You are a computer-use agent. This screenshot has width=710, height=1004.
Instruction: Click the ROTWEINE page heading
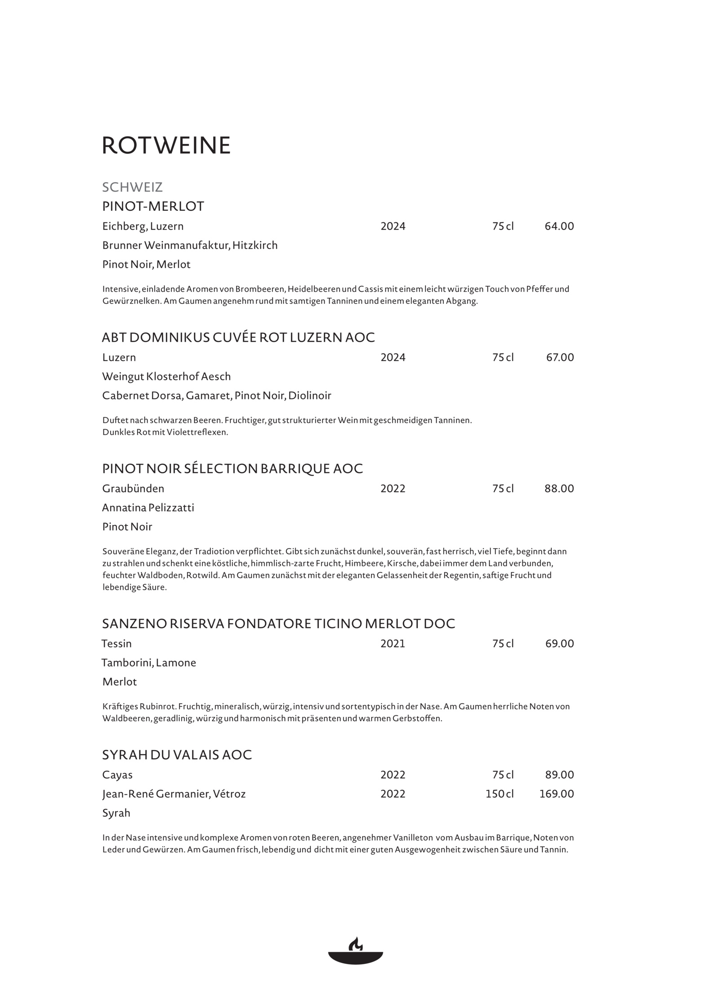166,145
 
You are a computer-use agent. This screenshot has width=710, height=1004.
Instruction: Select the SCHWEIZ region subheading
132,187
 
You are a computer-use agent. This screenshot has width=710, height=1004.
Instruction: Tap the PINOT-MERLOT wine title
153,206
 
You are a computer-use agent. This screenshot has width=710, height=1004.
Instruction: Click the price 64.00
559,226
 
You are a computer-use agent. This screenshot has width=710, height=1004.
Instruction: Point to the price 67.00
560,357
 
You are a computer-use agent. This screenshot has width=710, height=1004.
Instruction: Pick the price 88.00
559,489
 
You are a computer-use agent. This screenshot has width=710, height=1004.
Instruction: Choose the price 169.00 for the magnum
556,794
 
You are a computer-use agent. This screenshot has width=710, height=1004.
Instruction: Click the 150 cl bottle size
499,794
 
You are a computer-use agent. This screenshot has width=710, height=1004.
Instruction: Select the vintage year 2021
393,644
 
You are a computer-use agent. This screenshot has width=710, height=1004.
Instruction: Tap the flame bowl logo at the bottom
355,950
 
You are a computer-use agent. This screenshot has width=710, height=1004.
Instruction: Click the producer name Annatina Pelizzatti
148,508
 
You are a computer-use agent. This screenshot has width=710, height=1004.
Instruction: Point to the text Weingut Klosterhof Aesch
166,377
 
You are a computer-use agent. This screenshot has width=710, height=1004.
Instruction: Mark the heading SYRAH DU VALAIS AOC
177,755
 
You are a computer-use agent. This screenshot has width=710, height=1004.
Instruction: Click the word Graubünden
133,489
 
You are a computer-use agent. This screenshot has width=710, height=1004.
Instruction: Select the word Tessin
116,644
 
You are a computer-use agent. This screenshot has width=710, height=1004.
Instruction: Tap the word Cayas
117,775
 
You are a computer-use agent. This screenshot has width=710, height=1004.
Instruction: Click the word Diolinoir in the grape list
310,396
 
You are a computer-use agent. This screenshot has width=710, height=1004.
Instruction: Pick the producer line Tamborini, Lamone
149,663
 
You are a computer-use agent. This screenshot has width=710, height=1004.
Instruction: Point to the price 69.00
559,644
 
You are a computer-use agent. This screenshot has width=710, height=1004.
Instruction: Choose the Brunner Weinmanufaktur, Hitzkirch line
190,245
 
